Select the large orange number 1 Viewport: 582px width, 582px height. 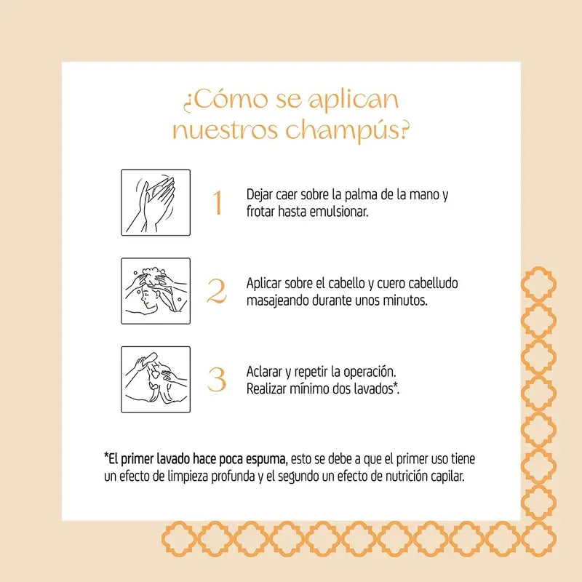click(x=217, y=204)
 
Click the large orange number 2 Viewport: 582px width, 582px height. click(x=217, y=292)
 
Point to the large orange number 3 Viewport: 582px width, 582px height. click(x=217, y=380)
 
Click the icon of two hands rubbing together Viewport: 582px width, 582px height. click(x=156, y=203)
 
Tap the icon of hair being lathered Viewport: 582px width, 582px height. click(x=156, y=291)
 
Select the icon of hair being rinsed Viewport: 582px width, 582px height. click(x=156, y=379)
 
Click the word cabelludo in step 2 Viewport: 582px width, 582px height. click(x=432, y=283)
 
